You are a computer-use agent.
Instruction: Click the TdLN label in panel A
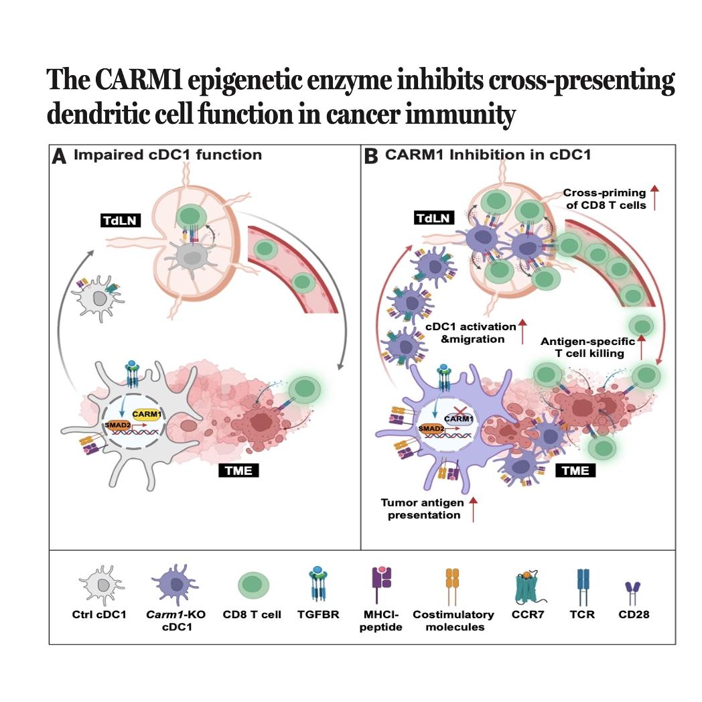point(121,220)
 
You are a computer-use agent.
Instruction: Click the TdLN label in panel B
point(433,218)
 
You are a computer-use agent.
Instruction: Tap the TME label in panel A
point(238,470)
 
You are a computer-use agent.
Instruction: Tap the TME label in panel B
point(575,470)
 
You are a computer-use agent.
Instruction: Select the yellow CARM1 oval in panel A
point(147,415)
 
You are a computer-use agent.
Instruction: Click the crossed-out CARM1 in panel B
point(458,418)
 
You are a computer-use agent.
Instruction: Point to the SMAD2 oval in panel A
point(118,425)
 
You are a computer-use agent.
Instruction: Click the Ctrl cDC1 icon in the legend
point(101,584)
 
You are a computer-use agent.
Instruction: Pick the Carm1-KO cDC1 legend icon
point(175,584)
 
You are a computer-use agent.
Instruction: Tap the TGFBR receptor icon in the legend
point(318,584)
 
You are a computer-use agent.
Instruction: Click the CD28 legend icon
point(633,593)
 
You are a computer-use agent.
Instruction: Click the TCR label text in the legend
point(582,614)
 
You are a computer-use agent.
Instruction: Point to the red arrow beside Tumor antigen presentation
point(473,509)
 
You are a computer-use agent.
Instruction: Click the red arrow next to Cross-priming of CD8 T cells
point(654,198)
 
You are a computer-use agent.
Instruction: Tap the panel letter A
point(59,157)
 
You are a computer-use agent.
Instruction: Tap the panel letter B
point(370,157)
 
